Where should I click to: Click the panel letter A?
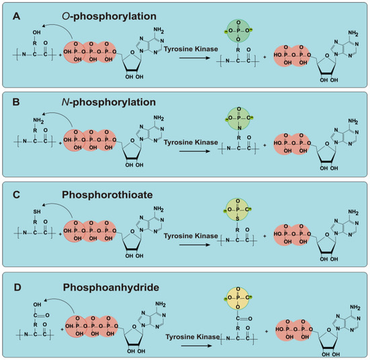coord(9,11)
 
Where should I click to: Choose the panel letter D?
coord(9,287)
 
